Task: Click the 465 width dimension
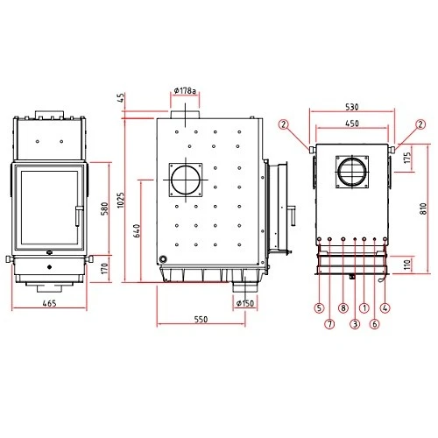point(49,303)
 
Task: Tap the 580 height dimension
point(104,208)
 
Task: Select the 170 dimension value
point(104,269)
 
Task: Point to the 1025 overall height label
point(121,200)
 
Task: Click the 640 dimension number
point(137,230)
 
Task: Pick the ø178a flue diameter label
point(185,91)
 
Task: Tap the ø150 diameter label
point(245,303)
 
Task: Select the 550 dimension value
point(201,319)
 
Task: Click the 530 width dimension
point(352,107)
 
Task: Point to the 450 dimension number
point(352,124)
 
